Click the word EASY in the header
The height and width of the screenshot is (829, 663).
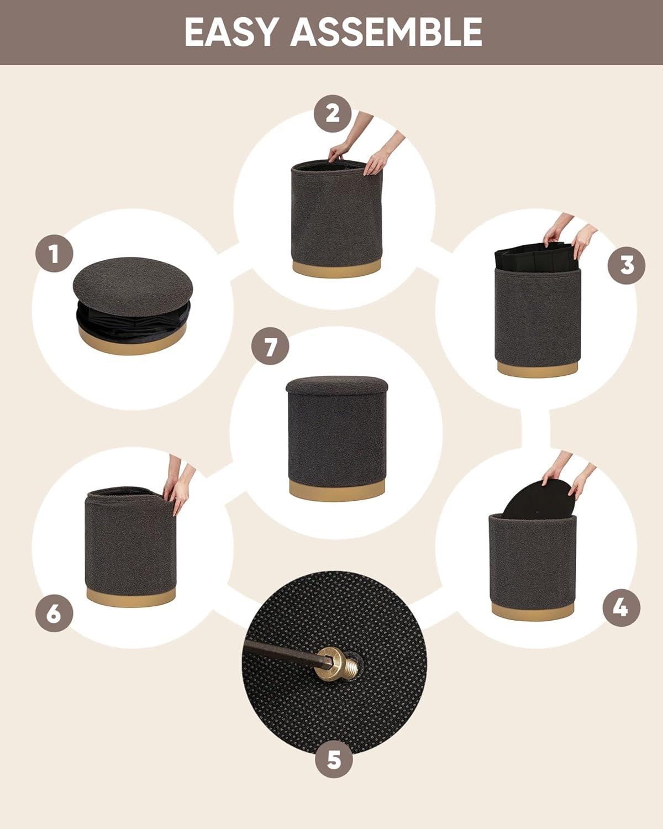click(x=231, y=32)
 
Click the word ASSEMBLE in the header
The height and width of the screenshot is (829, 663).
click(x=386, y=32)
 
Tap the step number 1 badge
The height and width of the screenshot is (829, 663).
click(x=54, y=253)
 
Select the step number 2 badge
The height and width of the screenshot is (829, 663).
click(x=333, y=114)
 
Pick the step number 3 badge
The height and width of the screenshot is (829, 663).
click(x=627, y=265)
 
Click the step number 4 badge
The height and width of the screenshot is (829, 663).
click(x=622, y=607)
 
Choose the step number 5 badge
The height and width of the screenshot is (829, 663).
click(x=334, y=759)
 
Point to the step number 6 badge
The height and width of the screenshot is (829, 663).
click(x=54, y=613)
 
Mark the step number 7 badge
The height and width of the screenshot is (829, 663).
click(x=270, y=347)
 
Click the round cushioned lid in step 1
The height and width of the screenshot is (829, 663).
click(x=133, y=286)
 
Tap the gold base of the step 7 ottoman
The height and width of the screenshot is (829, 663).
click(x=336, y=490)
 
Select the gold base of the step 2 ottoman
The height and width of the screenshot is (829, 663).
click(x=336, y=267)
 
